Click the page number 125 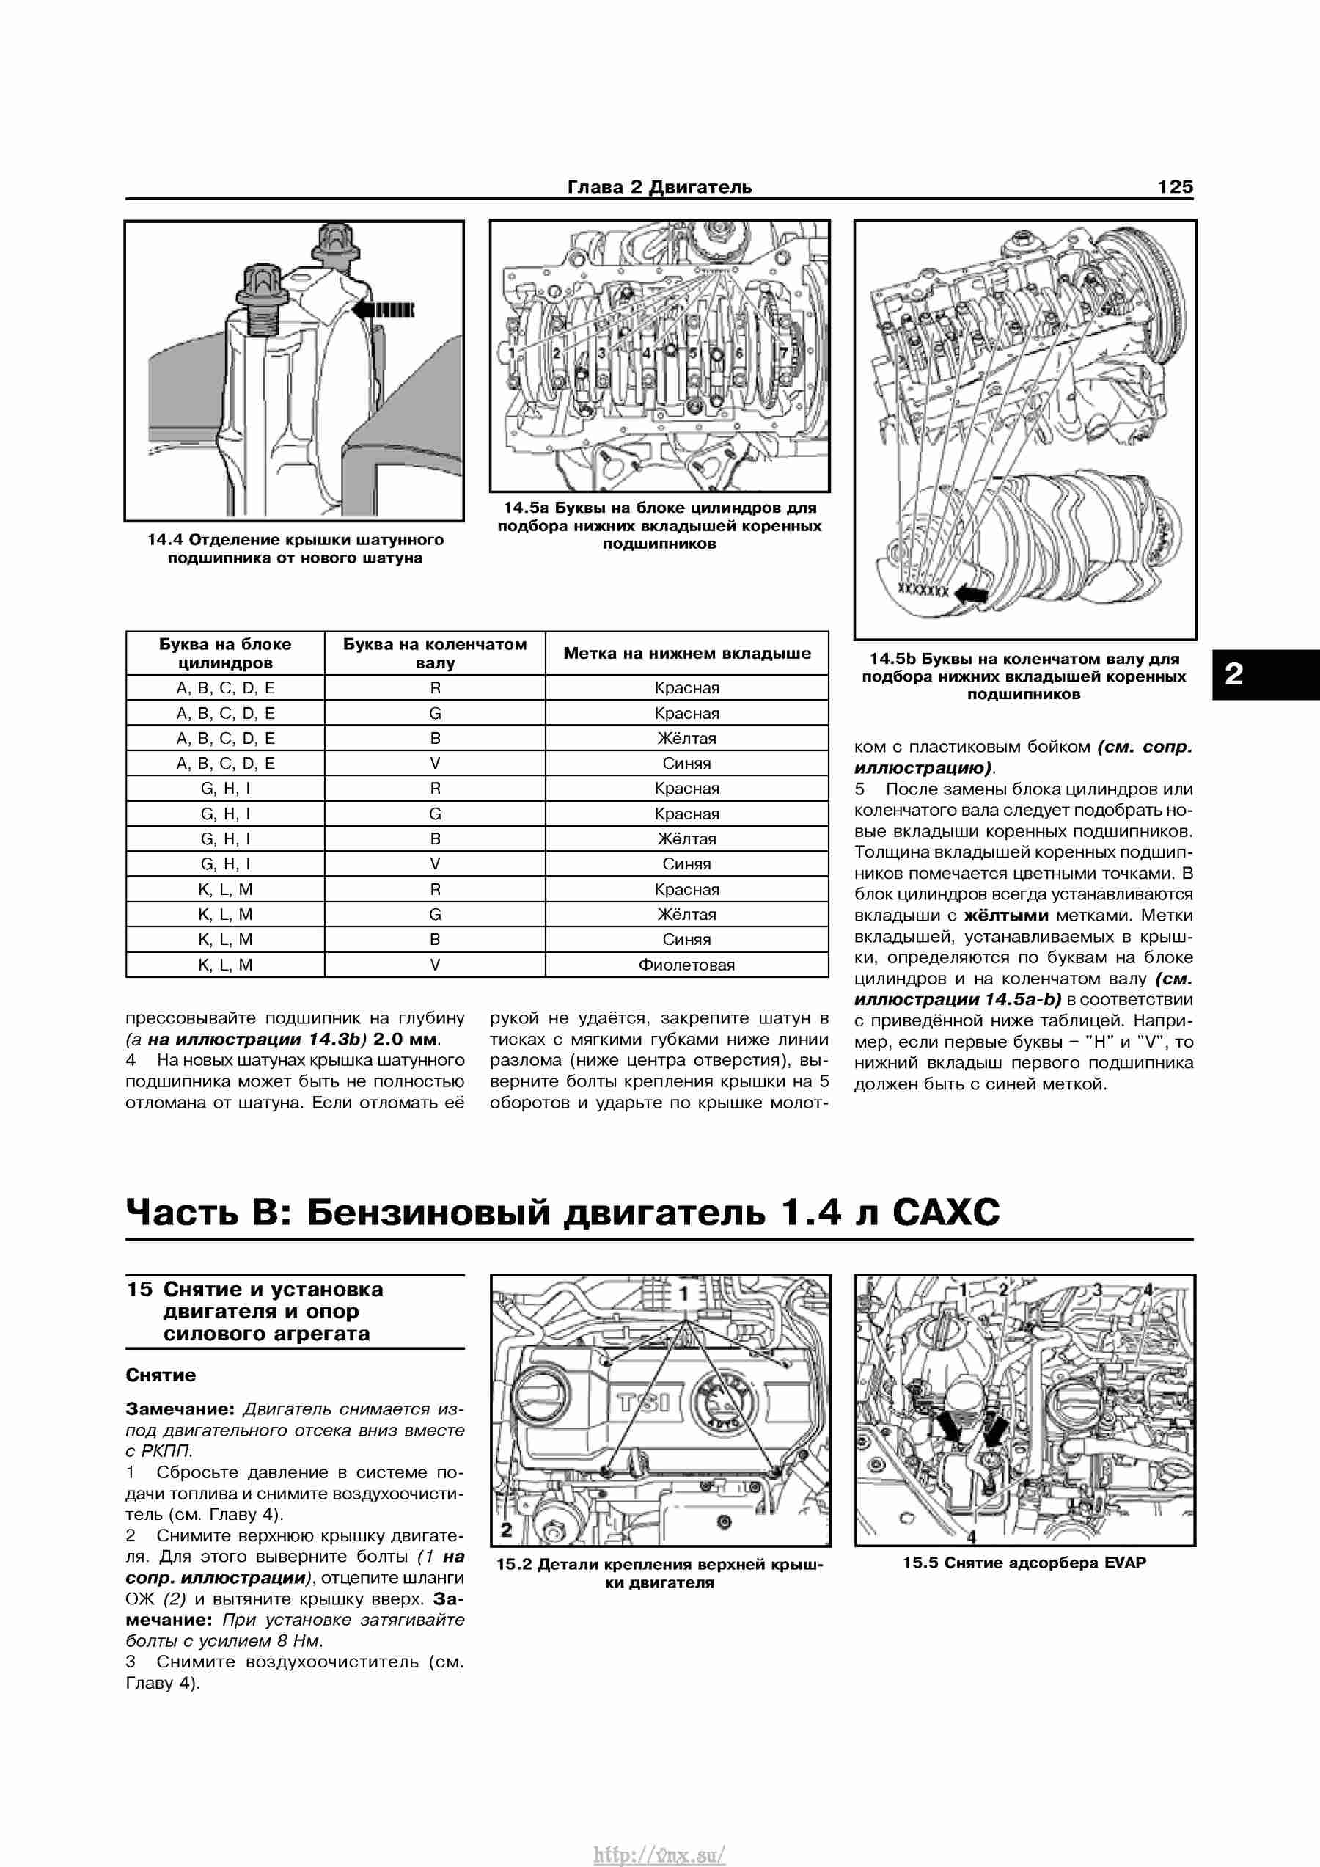[1175, 187]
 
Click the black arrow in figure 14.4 [383, 309]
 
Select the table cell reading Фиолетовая [687, 965]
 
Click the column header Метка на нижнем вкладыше [687, 653]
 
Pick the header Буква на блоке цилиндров [225, 653]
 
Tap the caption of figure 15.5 [1024, 1562]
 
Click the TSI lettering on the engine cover [644, 1403]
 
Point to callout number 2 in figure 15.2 [507, 1530]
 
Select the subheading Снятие [161, 1375]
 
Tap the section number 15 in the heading [139, 1289]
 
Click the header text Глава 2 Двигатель [659, 187]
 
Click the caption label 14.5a [526, 508]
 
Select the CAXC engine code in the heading [946, 1213]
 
